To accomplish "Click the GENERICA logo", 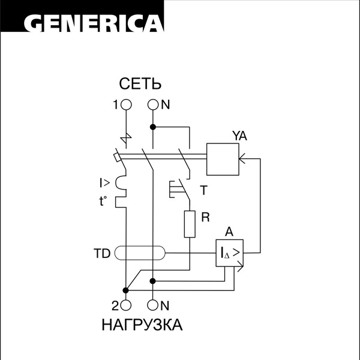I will click(94, 23).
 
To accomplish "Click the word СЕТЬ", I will click(141, 84).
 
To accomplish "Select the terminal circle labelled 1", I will click(126, 104).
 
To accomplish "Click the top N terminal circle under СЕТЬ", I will click(153, 104).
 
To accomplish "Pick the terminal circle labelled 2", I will click(126, 304).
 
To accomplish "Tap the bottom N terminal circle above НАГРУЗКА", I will click(153, 304).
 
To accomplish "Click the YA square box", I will click(222, 159).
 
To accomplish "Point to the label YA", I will click(239, 136).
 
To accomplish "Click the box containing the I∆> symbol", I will click(230, 253).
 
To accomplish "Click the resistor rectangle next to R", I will click(190, 223).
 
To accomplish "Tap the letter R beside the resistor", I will click(205, 218).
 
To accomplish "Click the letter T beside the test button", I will click(203, 191).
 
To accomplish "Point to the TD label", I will click(102, 254).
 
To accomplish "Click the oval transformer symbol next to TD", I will click(140, 254).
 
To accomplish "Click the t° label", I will click(103, 202).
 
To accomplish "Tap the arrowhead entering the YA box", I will click(241, 159).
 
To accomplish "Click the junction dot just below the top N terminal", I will click(153, 127).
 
